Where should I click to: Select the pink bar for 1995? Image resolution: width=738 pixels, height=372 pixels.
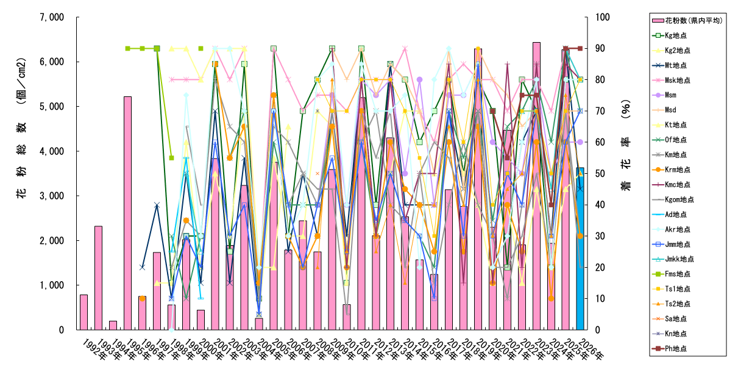[x=127, y=213]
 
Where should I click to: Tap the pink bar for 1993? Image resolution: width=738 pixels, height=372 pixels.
[x=98, y=277]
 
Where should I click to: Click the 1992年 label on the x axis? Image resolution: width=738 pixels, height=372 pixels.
[x=88, y=345]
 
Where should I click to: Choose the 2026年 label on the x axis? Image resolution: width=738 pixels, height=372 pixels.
[x=587, y=345]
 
